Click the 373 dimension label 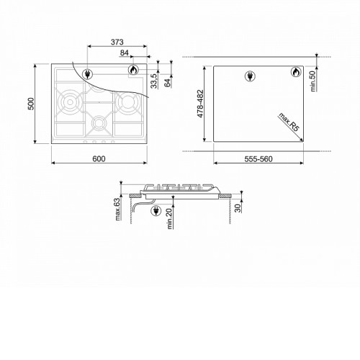coord(117,42)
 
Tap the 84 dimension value coord(125,53)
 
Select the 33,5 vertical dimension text coord(154,81)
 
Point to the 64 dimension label coord(168,83)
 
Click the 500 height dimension coord(31,104)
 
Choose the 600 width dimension coord(99,158)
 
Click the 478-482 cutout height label coord(200,104)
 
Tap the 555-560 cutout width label coord(258,159)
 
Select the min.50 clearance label coord(313,81)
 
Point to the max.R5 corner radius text coord(289,122)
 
